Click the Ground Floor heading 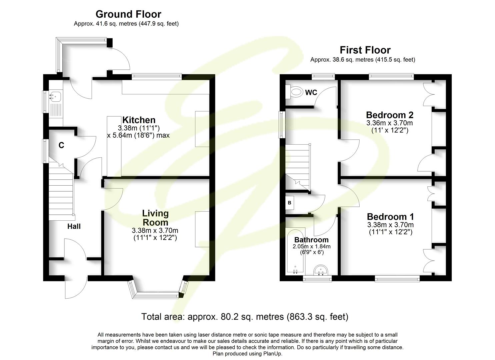coord(128,14)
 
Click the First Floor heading coord(365,50)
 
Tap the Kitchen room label coord(139,120)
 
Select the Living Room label coord(155,218)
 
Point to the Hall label coord(74,227)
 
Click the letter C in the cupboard coord(61,145)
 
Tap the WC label coord(311,93)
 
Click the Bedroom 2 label coord(389,115)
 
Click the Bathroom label coord(311,240)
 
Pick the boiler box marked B coord(289,203)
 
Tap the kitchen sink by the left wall coord(55,97)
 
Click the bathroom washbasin coord(322,270)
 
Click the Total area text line coord(245,316)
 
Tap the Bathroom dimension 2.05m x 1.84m coord(311,247)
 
